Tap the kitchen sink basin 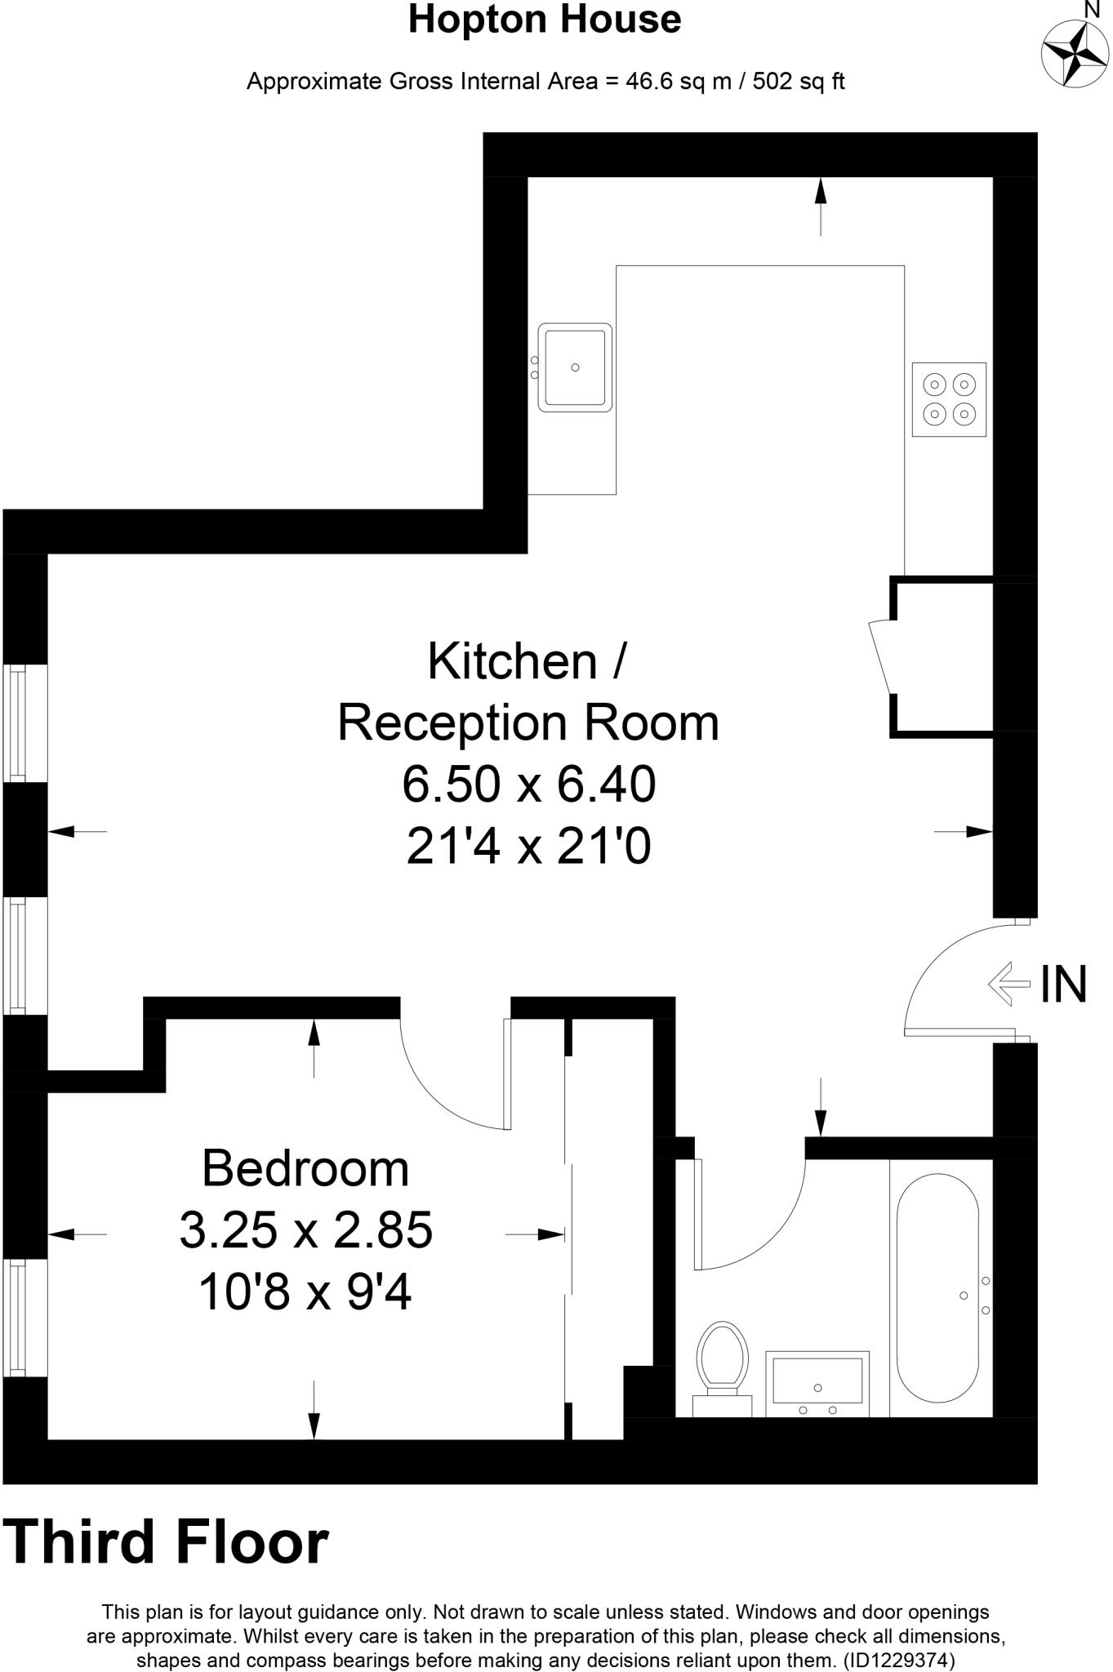coord(575,367)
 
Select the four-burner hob coord(949,399)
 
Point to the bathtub coord(937,1294)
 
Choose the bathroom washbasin coord(817,1382)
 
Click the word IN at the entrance coord(1063,984)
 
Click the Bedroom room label coord(305,1168)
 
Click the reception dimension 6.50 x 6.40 coord(528,784)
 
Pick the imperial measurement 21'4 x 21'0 coord(528,846)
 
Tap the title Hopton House coord(545,20)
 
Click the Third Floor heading coord(167,1542)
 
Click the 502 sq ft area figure coord(799,82)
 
